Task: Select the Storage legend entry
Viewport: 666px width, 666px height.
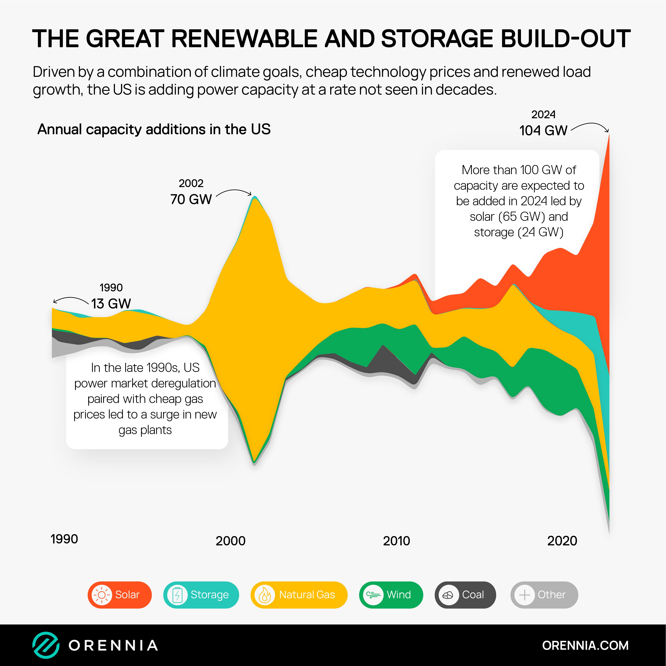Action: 201,595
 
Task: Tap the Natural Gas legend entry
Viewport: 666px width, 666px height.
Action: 299,595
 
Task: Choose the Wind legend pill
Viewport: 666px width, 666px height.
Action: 391,595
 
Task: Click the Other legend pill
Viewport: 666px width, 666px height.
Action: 544,595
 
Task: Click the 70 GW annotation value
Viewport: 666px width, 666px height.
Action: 191,199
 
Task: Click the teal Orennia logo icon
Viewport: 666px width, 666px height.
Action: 46,645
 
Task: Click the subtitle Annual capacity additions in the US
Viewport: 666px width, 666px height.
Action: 154,129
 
